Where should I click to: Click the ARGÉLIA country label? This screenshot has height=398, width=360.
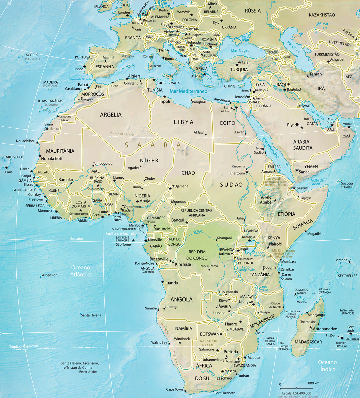pyautogui.click(x=111, y=115)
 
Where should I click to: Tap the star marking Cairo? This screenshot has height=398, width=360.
pyautogui.click(x=236, y=108)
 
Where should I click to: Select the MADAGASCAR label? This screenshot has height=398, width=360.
pyautogui.click(x=308, y=342)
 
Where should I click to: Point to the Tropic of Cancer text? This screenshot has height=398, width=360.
pyautogui.click(x=122, y=134)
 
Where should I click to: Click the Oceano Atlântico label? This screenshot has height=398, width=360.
pyautogui.click(x=81, y=271)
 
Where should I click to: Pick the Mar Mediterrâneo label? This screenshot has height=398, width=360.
pyautogui.click(x=188, y=91)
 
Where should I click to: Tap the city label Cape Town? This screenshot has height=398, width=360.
pyautogui.click(x=174, y=389)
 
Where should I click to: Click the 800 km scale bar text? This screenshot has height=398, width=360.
pyautogui.click(x=313, y=383)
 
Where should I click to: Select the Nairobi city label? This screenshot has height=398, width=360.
pyautogui.click(x=276, y=244)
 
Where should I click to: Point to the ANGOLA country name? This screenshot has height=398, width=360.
pyautogui.click(x=181, y=300)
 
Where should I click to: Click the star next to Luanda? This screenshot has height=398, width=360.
pyautogui.click(x=163, y=282)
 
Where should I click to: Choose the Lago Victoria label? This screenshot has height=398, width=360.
pyautogui.click(x=259, y=254)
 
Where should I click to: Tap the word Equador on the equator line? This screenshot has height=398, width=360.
pyautogui.click(x=77, y=239)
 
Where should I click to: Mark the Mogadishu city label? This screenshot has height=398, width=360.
pyautogui.click(x=316, y=234)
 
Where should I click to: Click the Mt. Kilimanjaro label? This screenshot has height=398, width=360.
pyautogui.click(x=284, y=251)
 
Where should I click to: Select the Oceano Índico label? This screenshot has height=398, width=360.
pyautogui.click(x=328, y=366)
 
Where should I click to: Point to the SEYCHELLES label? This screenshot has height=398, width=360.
pyautogui.click(x=347, y=276)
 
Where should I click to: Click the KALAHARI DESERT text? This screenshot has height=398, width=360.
pyautogui.click(x=209, y=343)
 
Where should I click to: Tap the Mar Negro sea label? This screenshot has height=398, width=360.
pyautogui.click(x=240, y=51)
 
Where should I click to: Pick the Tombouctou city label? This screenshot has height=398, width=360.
pyautogui.click(x=103, y=163)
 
